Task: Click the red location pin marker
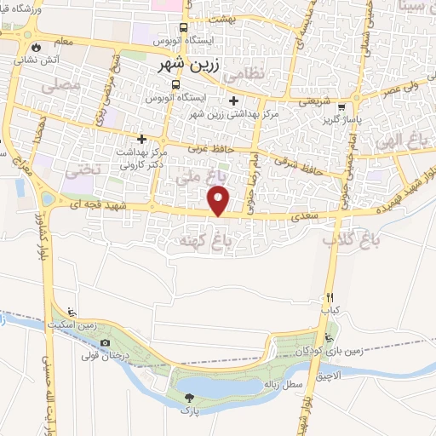[x=220, y=201]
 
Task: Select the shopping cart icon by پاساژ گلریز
[x=342, y=108]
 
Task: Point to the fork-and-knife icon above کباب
[x=329, y=298]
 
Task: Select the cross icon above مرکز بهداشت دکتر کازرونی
[x=142, y=138]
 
